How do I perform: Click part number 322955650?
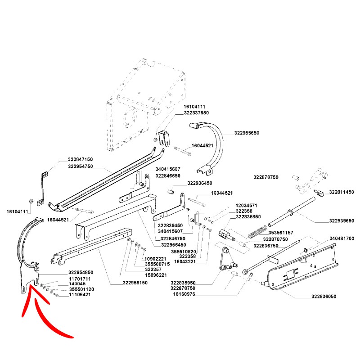(x=247, y=133)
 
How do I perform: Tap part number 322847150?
(x=81, y=160)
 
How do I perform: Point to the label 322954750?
(x=81, y=166)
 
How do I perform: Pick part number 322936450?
(x=199, y=183)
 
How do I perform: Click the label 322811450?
(x=341, y=192)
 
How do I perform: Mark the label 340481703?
(x=342, y=238)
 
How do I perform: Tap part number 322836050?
(x=324, y=297)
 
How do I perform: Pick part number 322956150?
(x=135, y=283)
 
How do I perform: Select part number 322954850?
(x=81, y=273)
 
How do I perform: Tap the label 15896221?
(x=155, y=275)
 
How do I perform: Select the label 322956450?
(x=174, y=245)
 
